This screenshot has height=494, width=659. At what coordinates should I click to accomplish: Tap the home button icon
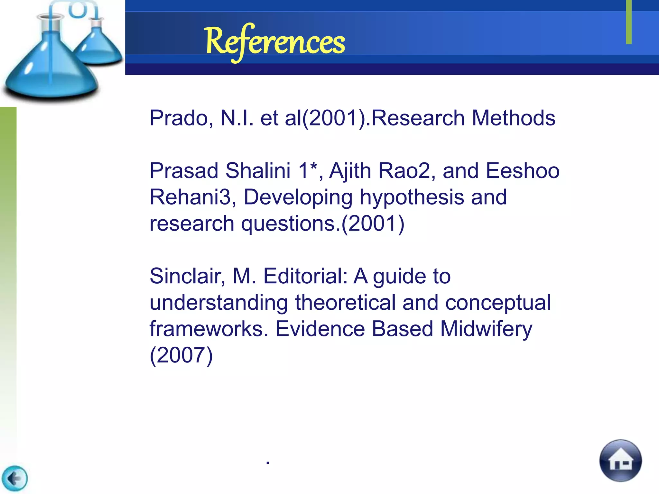(620, 461)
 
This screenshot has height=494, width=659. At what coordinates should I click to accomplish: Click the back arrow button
(14, 479)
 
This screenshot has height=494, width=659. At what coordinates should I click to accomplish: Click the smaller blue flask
(98, 45)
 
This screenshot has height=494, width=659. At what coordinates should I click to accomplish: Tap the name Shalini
(258, 171)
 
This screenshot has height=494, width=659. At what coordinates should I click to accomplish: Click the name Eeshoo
(522, 171)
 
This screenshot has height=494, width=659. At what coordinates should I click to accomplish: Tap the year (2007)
(181, 355)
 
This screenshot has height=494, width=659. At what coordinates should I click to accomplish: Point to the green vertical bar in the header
(629, 22)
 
